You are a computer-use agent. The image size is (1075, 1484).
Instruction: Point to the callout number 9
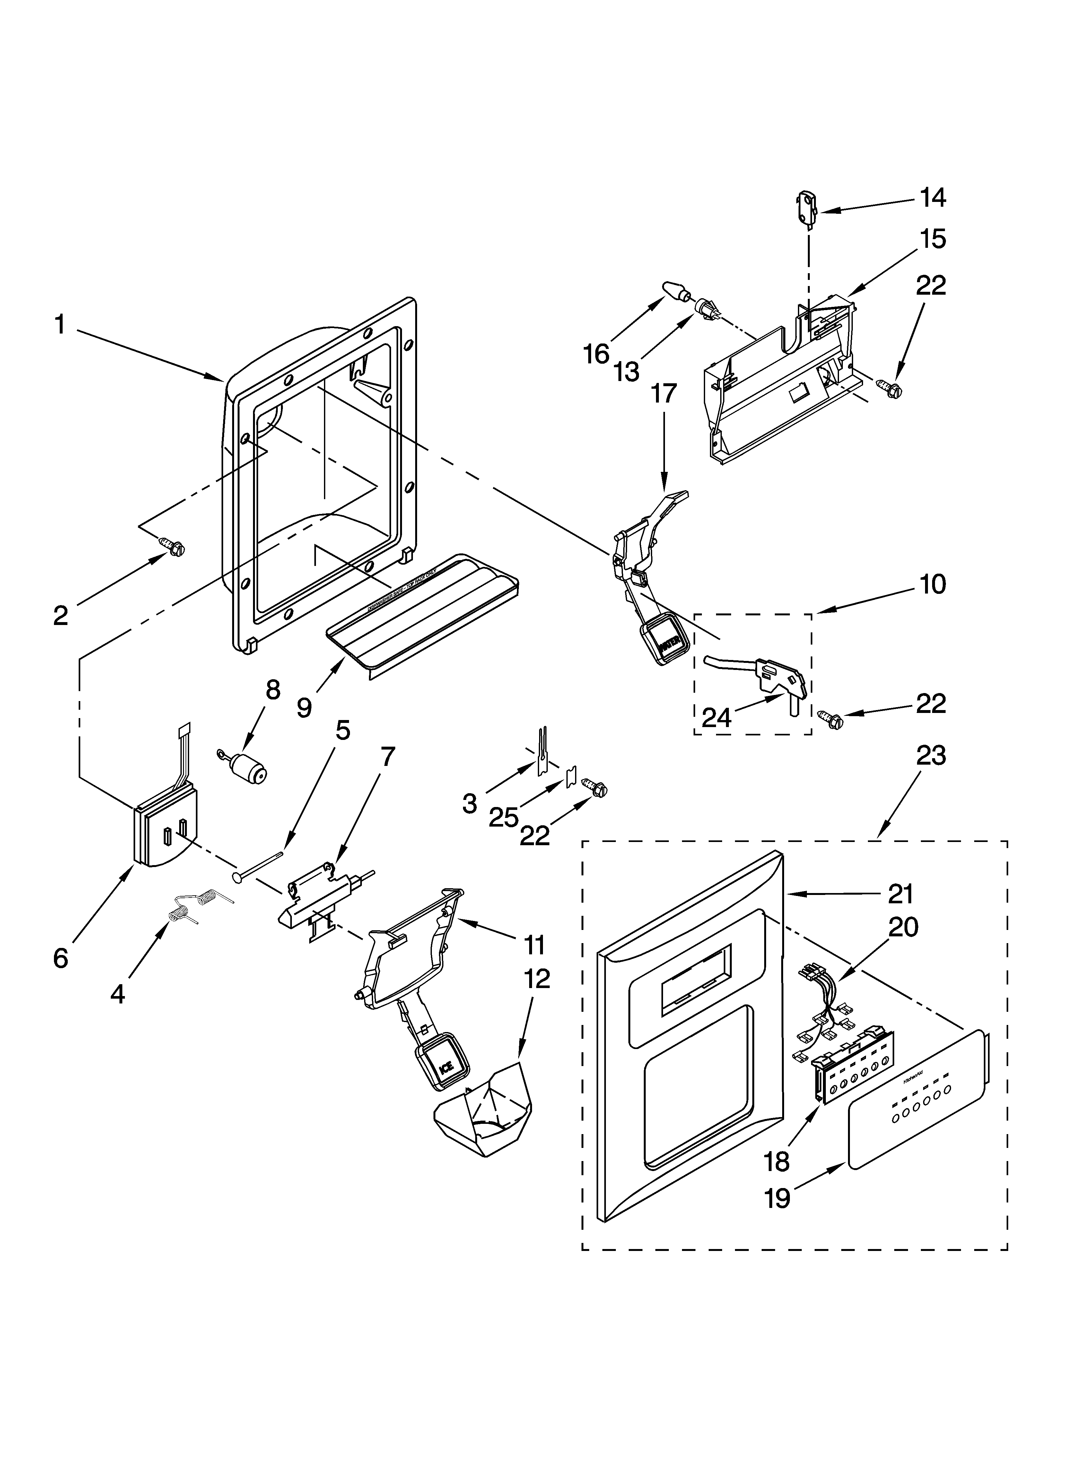(x=304, y=707)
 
